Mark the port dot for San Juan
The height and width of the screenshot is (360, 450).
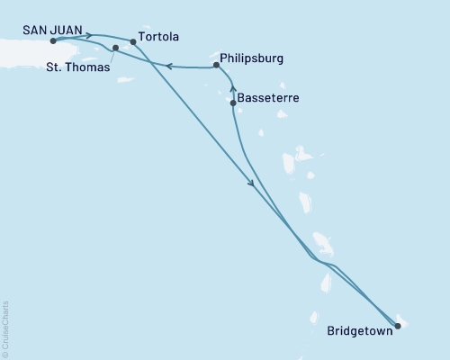click(x=54, y=41)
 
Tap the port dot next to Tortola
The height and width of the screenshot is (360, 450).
click(x=133, y=41)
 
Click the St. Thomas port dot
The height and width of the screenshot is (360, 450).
click(x=115, y=48)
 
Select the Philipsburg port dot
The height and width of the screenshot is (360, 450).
click(x=217, y=65)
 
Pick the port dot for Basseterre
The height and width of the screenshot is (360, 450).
click(x=233, y=103)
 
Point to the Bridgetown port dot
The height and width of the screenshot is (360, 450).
click(x=398, y=327)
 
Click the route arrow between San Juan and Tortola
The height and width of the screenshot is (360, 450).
click(x=88, y=36)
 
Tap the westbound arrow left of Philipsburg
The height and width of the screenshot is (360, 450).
click(x=168, y=65)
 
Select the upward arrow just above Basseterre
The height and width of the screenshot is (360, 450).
click(x=233, y=88)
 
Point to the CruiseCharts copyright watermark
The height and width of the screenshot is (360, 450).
click(x=5, y=328)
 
